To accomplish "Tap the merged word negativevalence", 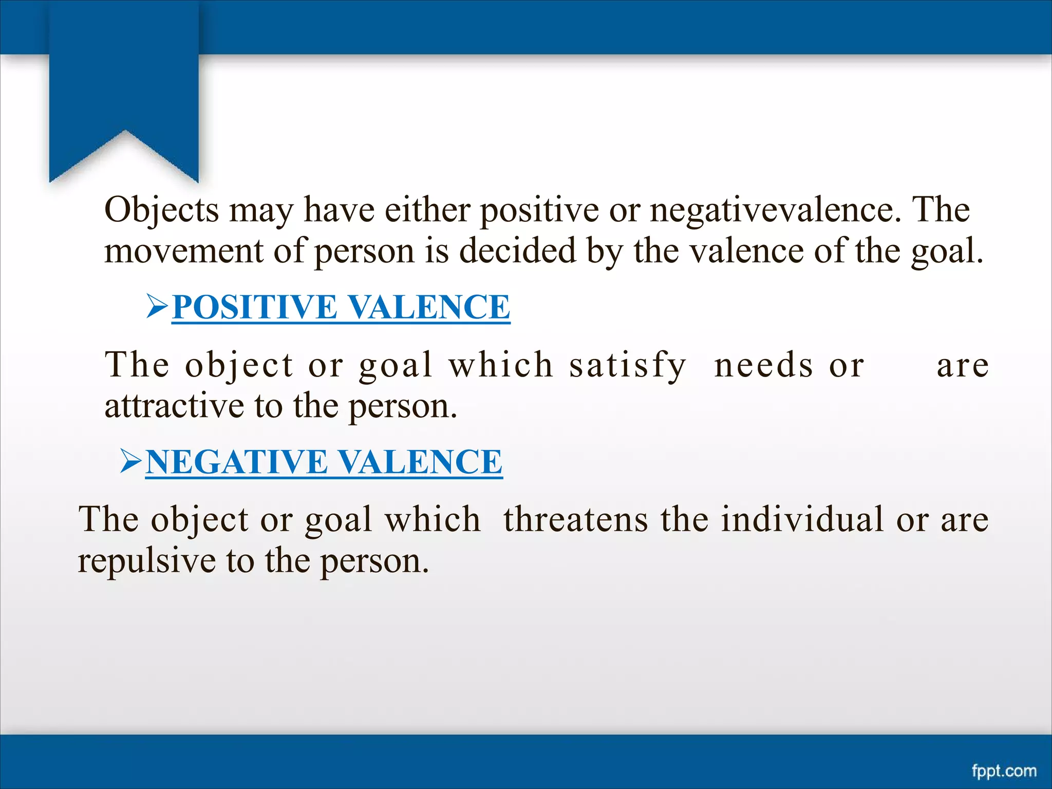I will (x=775, y=211).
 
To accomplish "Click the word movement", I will (x=184, y=252).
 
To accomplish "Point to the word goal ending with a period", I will (x=947, y=252).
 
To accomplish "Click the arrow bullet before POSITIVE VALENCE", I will (x=157, y=306).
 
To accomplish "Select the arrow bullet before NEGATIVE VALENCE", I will (x=130, y=461).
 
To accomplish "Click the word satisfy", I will (x=627, y=366).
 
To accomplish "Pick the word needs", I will (x=764, y=366).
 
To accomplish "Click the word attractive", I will (x=174, y=406).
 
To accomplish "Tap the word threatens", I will (x=576, y=519).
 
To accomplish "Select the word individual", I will (x=802, y=519).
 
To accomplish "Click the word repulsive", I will (x=146, y=561).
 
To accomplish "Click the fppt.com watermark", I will (x=1004, y=771).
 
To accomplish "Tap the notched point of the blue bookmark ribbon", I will (x=124, y=131).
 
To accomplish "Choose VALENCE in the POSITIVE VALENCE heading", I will (x=429, y=307).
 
